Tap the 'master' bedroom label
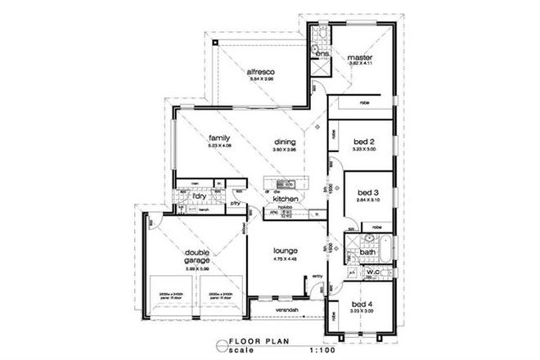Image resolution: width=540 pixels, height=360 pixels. (358, 56)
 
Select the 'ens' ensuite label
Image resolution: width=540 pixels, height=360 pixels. (323, 53)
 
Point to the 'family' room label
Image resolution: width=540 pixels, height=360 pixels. (218, 137)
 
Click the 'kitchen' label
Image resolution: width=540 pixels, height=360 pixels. (284, 199)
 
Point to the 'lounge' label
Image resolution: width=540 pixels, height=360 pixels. (286, 250)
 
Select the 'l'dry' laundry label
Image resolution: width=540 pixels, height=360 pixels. (198, 196)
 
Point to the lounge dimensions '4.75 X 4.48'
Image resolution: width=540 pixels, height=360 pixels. (286, 259)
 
